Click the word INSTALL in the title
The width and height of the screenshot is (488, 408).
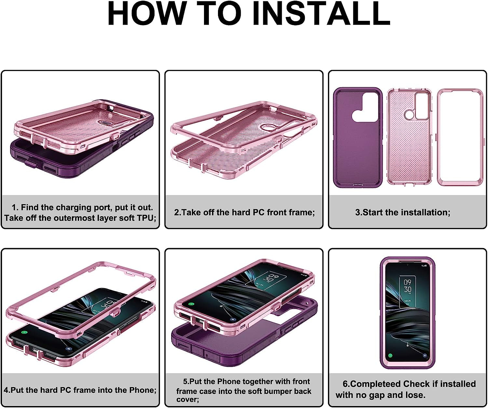point(325,14)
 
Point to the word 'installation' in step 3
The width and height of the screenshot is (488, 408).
point(424,212)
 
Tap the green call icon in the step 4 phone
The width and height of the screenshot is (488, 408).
point(24,332)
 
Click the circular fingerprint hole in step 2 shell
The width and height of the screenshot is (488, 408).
point(267,128)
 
